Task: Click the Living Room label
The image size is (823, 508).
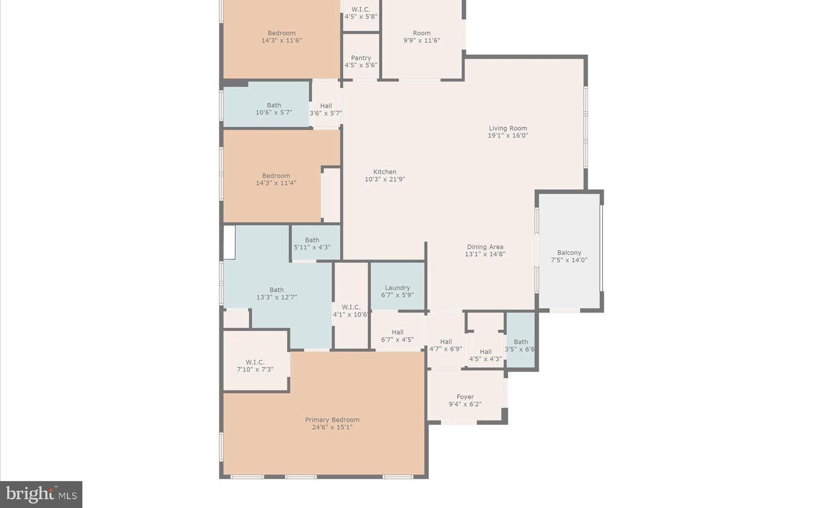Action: (508, 128)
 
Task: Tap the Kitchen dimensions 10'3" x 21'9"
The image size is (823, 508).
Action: (385, 179)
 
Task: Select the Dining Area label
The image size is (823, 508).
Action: (485, 247)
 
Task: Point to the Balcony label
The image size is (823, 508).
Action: (569, 253)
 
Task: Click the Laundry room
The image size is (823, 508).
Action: (398, 286)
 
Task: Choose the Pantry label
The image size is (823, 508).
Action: (361, 58)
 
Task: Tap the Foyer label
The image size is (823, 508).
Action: (465, 397)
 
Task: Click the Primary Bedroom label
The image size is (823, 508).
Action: (332, 420)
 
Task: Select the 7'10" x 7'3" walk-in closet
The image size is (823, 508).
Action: (255, 361)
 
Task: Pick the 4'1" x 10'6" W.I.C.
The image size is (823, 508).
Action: (351, 305)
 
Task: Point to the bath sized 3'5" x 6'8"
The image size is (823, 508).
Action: (521, 340)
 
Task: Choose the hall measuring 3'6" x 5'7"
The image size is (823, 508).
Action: (326, 105)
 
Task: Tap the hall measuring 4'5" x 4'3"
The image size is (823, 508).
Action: (485, 350)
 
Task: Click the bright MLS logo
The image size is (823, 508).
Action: (41, 494)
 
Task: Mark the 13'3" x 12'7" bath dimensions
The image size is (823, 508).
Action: (277, 297)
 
